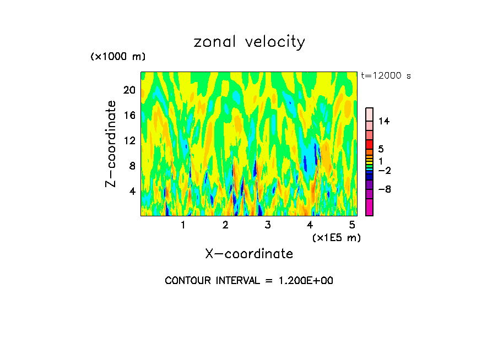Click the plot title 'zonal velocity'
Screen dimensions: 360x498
[249, 42]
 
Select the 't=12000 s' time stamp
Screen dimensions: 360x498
[386, 76]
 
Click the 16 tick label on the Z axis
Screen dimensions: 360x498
[129, 115]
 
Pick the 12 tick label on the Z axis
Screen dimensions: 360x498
[129, 140]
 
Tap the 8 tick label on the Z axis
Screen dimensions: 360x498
[132, 166]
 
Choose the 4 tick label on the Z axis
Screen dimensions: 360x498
[132, 191]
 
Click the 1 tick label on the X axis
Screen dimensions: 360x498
[183, 225]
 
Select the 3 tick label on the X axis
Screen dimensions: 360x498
[267, 225]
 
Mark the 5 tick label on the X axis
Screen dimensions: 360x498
[352, 225]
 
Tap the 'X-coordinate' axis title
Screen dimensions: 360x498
[249, 254]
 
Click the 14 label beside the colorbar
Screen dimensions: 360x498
[384, 121]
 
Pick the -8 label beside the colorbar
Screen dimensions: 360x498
[384, 189]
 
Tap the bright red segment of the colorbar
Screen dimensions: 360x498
[370, 144]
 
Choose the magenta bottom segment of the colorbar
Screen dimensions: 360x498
[370, 207]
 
